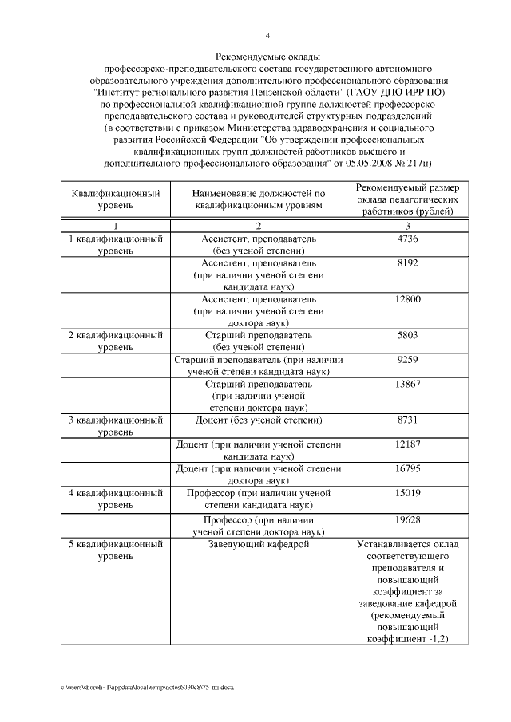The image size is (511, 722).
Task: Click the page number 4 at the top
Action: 267,35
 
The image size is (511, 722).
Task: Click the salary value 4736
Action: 407,239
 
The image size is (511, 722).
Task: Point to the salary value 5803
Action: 407,335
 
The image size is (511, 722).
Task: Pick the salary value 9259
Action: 407,360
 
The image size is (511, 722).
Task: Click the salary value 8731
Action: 407,420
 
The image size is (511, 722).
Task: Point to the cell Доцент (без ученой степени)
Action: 258,420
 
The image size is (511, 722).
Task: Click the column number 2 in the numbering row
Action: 258,226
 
